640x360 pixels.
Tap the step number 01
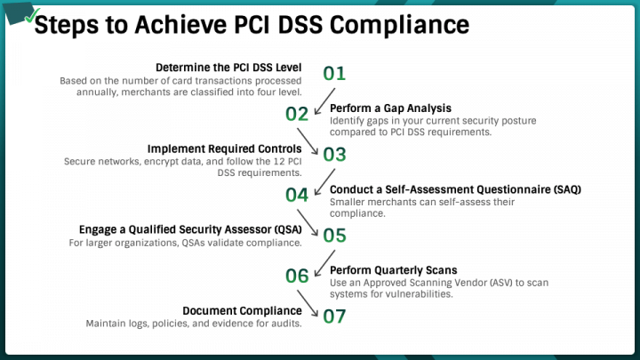pos(333,73)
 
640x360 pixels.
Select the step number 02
pos(296,114)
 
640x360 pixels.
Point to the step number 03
pos(334,154)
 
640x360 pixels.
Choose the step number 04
pos(296,195)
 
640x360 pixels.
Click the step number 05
pos(334,236)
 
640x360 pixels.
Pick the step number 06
pos(296,276)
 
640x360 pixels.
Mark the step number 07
pos(334,316)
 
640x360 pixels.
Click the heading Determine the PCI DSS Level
pos(228,68)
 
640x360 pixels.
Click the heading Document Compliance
pos(242,310)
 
